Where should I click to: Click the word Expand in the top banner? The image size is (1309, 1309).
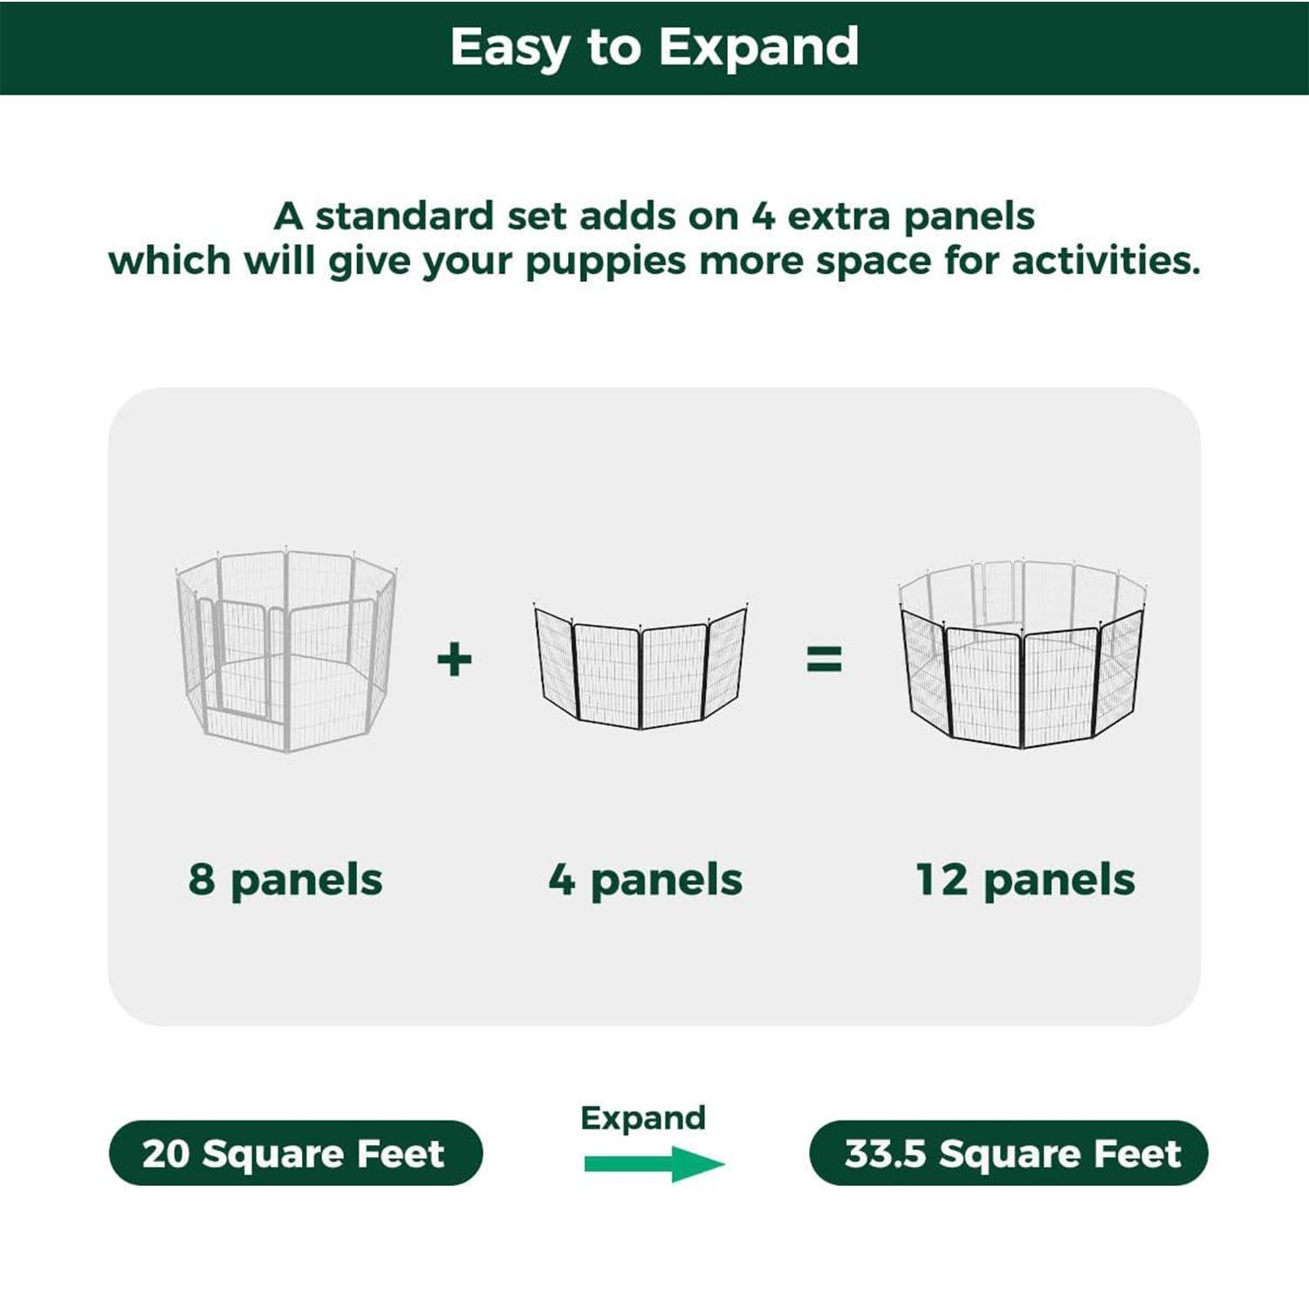click(758, 48)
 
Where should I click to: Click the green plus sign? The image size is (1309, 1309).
click(454, 659)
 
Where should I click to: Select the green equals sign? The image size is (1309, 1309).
click(824, 659)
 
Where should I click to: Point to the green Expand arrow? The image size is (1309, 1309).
click(654, 1163)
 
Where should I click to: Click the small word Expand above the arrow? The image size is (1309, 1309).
click(643, 1118)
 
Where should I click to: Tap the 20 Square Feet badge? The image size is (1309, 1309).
click(295, 1153)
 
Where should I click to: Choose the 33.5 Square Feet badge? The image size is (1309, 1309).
click(1009, 1153)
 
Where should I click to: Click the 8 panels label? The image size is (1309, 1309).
click(285, 880)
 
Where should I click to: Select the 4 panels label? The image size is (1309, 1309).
click(646, 880)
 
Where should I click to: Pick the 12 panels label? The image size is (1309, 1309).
click(1025, 880)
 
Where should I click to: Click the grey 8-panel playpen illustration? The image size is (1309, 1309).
click(286, 650)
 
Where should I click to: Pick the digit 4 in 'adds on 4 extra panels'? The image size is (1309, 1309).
click(764, 216)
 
